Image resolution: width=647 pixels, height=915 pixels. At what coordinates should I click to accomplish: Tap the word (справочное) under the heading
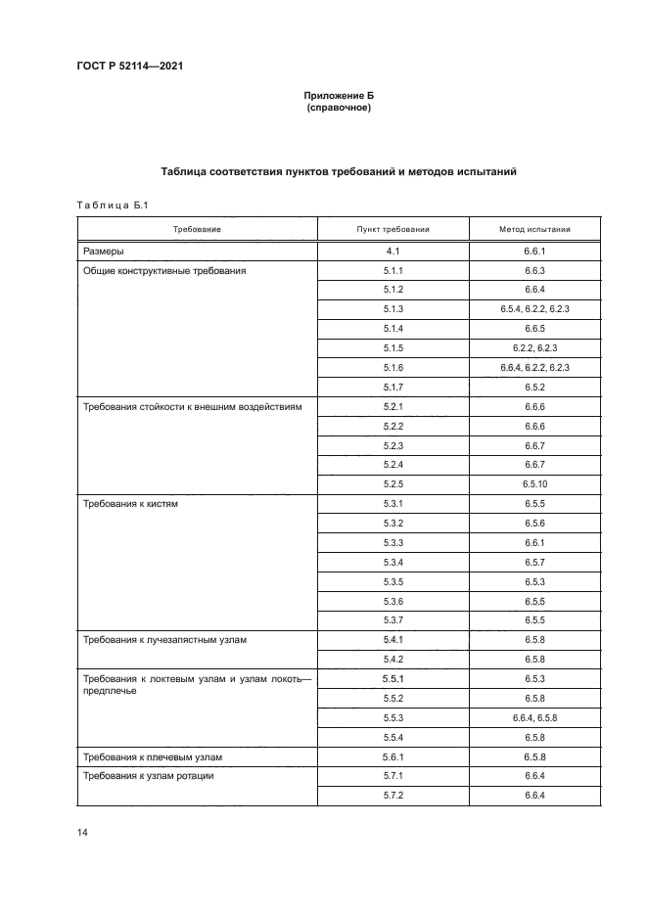(x=338, y=109)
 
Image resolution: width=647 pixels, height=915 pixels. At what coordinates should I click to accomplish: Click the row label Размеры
(x=103, y=251)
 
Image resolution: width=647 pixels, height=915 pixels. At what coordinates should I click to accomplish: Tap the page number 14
(x=82, y=832)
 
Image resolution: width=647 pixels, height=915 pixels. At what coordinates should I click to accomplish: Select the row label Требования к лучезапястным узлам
(x=164, y=640)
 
